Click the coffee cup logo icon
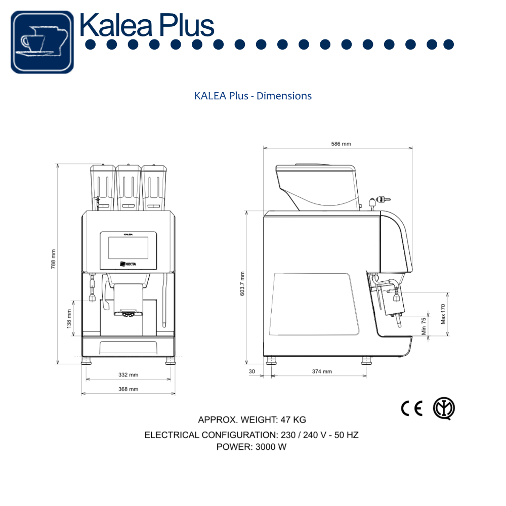coord(42,42)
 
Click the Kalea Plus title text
coord(147,24)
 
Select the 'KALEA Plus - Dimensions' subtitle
coord(253,96)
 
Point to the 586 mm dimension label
coord(341,144)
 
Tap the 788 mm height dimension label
coord(54,259)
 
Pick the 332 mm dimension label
coord(129,375)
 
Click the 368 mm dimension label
coord(129,389)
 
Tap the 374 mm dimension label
coord(322,371)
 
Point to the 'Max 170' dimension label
coord(443,314)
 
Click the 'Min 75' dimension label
coord(424,326)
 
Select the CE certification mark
coord(411,409)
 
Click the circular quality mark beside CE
coord(444,408)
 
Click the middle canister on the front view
coord(129,187)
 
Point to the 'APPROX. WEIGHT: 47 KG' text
coord(251,419)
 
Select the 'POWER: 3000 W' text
coord(251,447)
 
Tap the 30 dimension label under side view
coord(252,371)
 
